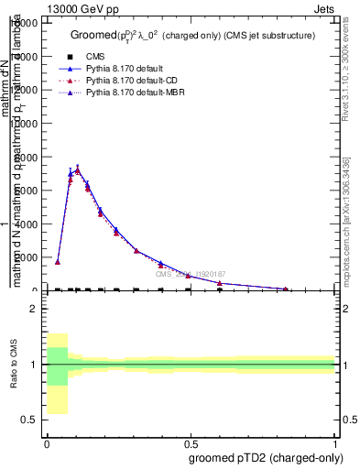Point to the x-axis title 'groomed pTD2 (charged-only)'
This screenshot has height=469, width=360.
coord(266,457)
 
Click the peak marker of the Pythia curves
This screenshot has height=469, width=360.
coord(78,169)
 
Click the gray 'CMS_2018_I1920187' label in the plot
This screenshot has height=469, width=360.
coord(191,274)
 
